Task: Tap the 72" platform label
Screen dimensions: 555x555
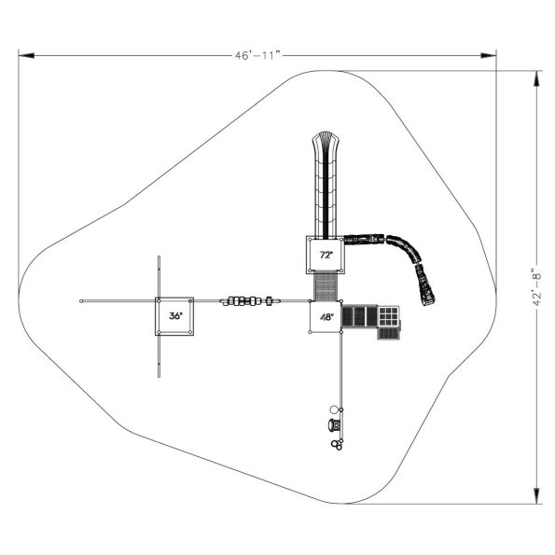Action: pyautogui.click(x=326, y=255)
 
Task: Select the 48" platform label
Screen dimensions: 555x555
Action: pyautogui.click(x=326, y=317)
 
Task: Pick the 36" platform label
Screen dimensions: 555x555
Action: pyautogui.click(x=175, y=316)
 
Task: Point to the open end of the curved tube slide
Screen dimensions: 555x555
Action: pyautogui.click(x=428, y=299)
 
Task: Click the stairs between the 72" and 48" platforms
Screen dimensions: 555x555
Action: pyautogui.click(x=326, y=286)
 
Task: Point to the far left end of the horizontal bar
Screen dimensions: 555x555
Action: pyautogui.click(x=82, y=300)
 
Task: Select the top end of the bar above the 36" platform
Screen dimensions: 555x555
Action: pyautogui.click(x=160, y=257)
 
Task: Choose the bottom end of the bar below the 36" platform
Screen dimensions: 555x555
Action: pyautogui.click(x=160, y=377)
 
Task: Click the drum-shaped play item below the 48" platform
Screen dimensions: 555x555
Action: pyautogui.click(x=335, y=426)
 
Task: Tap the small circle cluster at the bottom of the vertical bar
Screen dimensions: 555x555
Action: pyautogui.click(x=337, y=444)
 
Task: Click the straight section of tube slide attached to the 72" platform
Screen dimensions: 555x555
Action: pyautogui.click(x=365, y=240)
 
